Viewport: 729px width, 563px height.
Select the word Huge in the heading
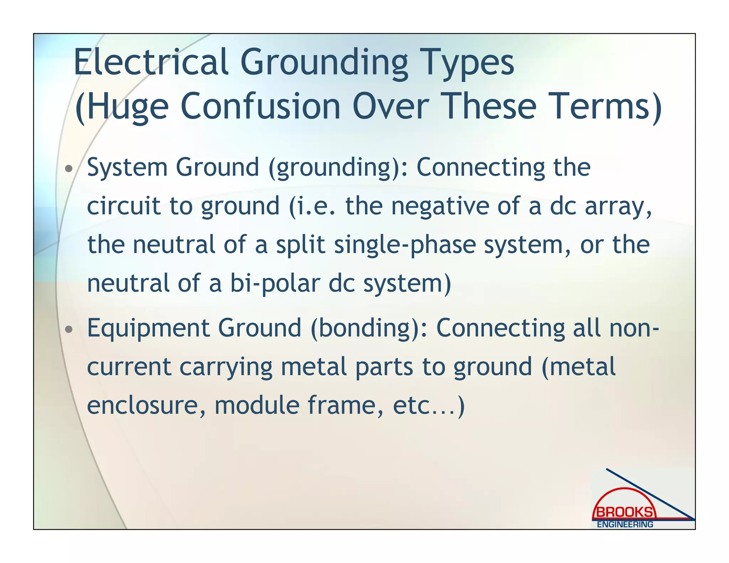pos(127,106)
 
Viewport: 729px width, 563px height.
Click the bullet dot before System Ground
pos(69,168)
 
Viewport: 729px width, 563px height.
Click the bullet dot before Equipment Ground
pos(69,330)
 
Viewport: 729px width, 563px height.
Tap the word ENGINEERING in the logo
pos(625,524)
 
